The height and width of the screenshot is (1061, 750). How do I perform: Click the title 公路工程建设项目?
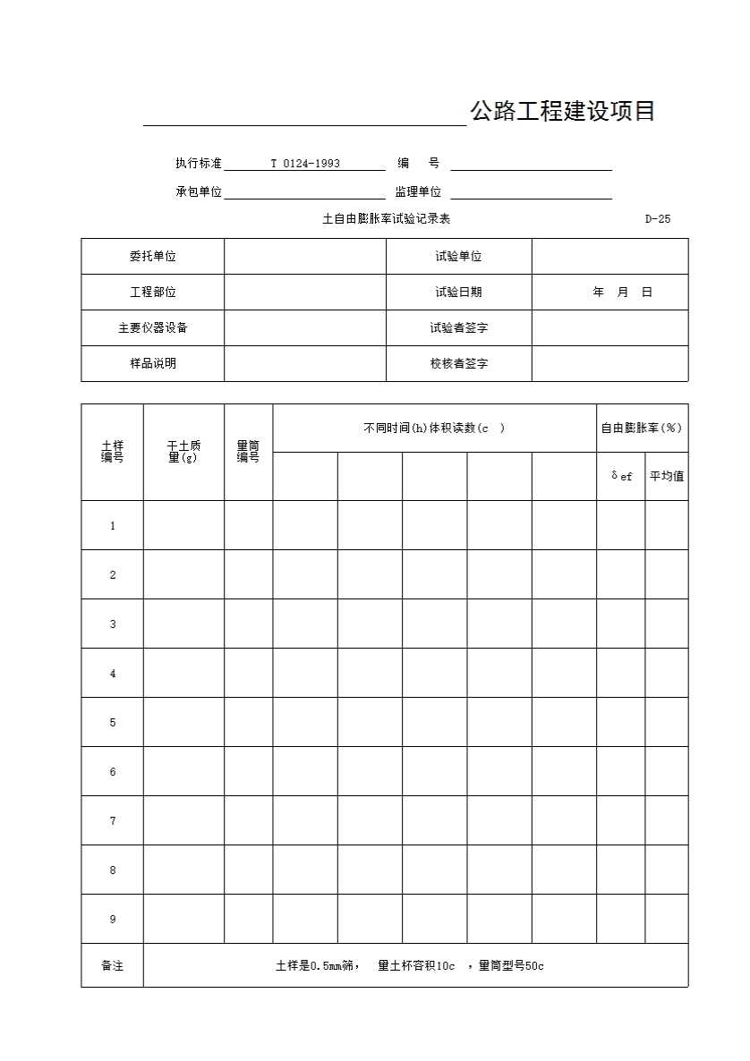tap(562, 111)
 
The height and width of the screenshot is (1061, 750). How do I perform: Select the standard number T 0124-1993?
tap(305, 164)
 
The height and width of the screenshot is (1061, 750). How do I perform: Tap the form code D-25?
tap(657, 219)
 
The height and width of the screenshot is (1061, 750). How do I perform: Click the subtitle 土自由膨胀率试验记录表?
tap(386, 219)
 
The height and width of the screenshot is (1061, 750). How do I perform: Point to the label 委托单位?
tap(152, 257)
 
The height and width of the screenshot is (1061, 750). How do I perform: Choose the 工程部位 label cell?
tap(152, 293)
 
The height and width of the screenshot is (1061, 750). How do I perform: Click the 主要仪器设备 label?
tap(152, 328)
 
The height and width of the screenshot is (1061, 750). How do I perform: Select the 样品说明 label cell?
tap(152, 364)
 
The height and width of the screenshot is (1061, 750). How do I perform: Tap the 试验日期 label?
tap(458, 293)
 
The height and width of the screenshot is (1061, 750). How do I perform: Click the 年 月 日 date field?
tap(622, 293)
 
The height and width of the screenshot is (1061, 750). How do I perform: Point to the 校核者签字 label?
tap(458, 364)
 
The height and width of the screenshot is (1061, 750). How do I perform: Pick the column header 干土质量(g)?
tap(183, 452)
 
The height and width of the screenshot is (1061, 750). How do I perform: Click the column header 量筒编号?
tap(248, 452)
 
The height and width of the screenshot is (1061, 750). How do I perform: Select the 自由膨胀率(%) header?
tap(642, 428)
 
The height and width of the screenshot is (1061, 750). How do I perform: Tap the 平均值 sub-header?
tap(666, 477)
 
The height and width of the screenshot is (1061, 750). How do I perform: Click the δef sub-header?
tap(621, 477)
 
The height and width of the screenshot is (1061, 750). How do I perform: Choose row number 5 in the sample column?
tap(113, 723)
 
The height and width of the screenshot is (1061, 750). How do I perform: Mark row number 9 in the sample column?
tap(113, 920)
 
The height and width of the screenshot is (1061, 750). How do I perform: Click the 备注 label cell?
tap(113, 966)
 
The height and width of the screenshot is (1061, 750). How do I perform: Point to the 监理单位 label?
tap(418, 192)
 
